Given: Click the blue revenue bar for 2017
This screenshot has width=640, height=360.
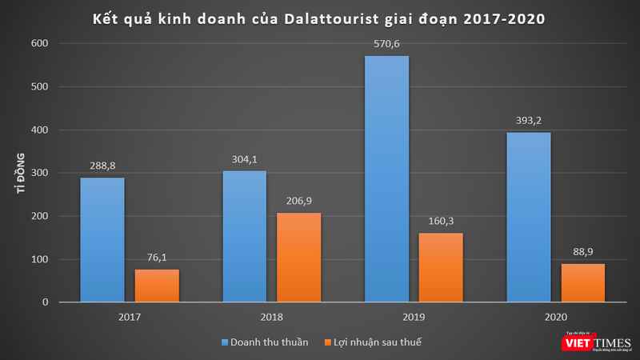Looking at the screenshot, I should click(102, 240).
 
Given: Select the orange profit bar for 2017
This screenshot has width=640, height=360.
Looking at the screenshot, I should click(156, 286).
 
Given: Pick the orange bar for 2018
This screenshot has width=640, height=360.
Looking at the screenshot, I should click(298, 258).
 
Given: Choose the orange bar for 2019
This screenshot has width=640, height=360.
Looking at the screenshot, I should click(440, 267).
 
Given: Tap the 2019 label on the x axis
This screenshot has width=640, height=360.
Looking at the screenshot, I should click(413, 317).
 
